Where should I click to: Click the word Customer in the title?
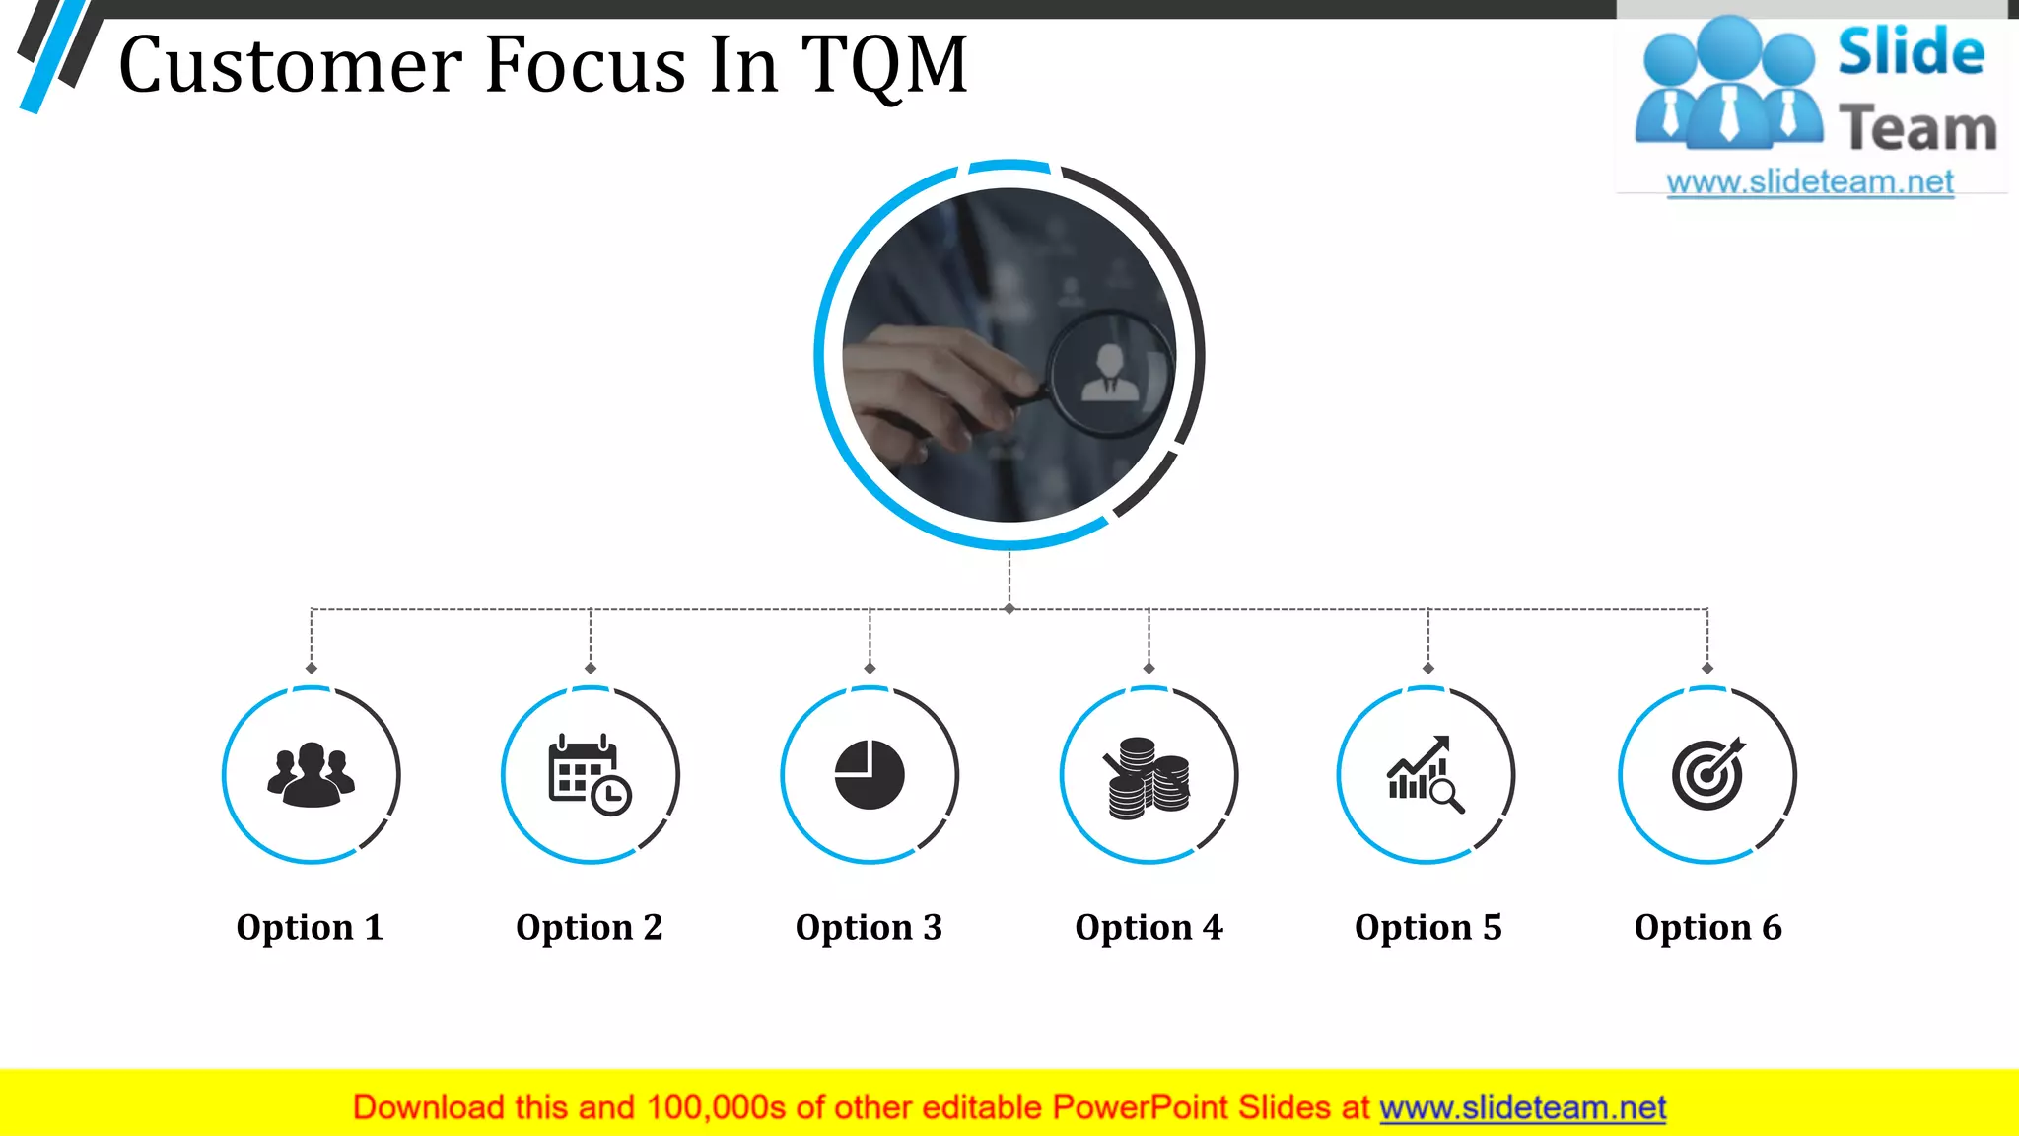(x=290, y=65)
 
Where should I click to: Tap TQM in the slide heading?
(x=883, y=65)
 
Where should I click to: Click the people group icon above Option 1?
(x=311, y=775)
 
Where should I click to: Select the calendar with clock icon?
(x=590, y=775)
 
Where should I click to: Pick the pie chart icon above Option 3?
(x=870, y=775)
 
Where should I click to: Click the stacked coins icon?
(x=1148, y=779)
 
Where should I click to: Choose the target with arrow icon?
(x=1707, y=774)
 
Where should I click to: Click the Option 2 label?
(x=590, y=927)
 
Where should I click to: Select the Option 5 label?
(x=1427, y=927)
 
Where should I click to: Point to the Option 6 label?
(x=1707, y=927)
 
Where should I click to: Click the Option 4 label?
(x=1149, y=927)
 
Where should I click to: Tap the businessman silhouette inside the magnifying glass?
(x=1110, y=374)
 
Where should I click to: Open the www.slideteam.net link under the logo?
(x=1810, y=182)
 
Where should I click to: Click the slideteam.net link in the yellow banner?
(x=1522, y=1108)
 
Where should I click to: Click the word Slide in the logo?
(x=1911, y=53)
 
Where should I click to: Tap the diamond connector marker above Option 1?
(x=312, y=669)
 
